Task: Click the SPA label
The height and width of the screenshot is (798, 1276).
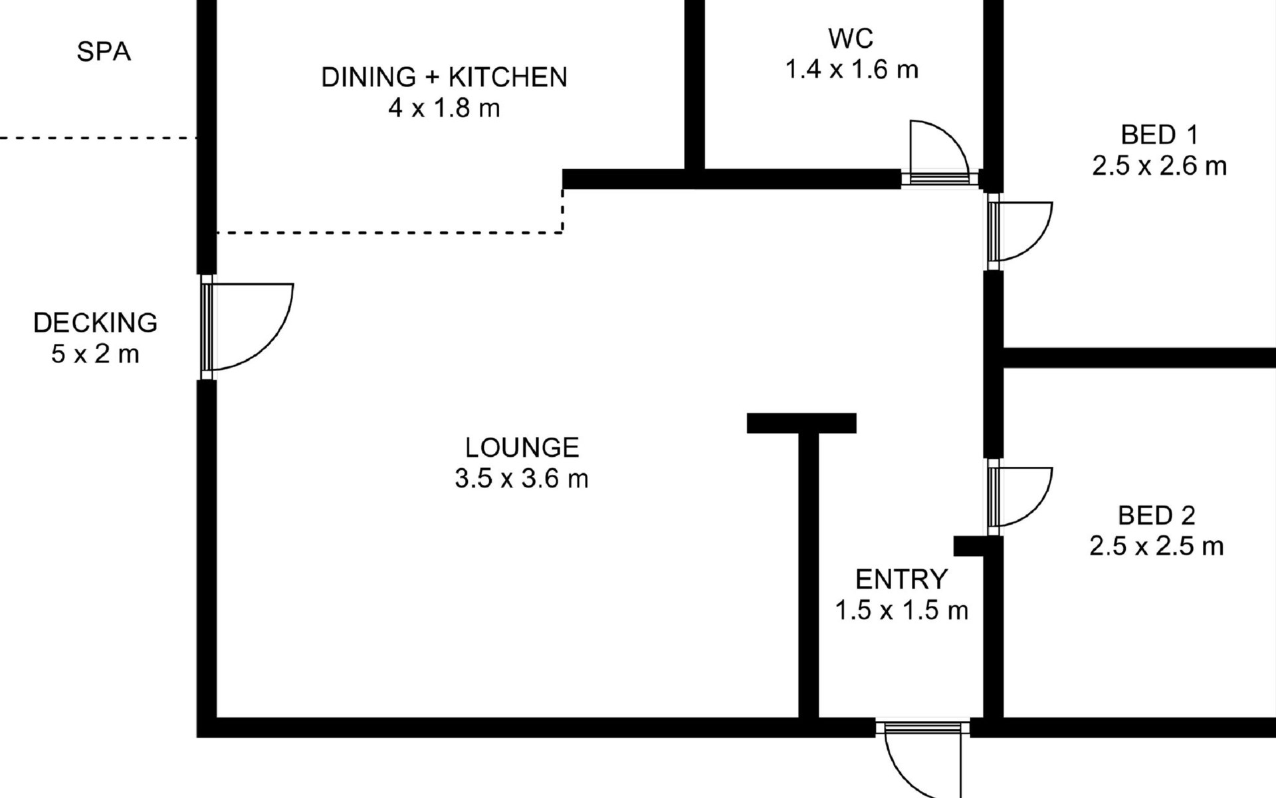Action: click(104, 52)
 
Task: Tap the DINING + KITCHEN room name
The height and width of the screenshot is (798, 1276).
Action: click(444, 77)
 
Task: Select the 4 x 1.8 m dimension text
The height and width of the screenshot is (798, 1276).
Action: click(444, 108)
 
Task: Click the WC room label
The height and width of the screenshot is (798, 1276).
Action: click(851, 39)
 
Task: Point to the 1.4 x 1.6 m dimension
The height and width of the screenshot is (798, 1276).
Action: click(851, 69)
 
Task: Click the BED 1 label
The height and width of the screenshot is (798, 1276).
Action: click(1159, 135)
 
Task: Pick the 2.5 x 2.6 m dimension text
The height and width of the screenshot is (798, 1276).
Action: click(1159, 166)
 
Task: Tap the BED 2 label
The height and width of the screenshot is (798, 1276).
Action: click(1156, 515)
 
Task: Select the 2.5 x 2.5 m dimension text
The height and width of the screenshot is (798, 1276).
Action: click(1156, 546)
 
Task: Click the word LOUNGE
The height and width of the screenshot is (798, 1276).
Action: click(522, 448)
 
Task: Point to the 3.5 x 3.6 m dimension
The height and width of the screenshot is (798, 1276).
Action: click(522, 478)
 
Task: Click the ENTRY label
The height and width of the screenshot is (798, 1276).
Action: click(901, 579)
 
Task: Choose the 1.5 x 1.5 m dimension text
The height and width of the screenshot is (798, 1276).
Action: click(901, 610)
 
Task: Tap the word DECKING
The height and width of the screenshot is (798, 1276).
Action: click(96, 323)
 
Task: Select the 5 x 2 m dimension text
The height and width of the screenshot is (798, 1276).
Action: click(96, 353)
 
